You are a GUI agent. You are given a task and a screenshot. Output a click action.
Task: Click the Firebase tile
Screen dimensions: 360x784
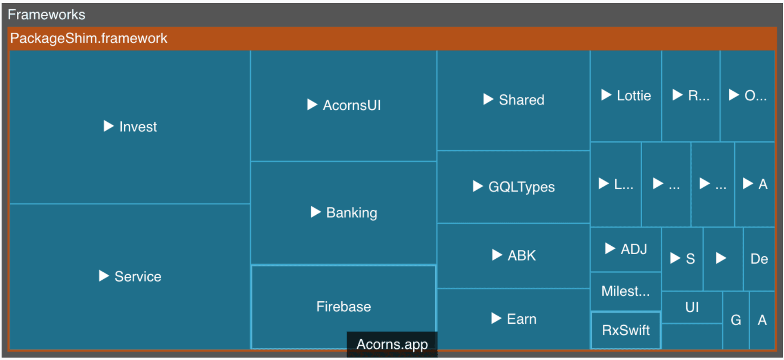343,307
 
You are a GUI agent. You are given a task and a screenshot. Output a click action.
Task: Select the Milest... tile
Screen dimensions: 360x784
625,291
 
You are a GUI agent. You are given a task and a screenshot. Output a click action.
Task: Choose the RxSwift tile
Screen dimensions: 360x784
625,330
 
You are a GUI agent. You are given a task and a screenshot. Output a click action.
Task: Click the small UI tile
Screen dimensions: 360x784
692,307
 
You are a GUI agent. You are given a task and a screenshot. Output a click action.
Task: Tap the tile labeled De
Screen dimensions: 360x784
759,259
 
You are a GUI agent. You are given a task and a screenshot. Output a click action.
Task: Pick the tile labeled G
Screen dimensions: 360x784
736,320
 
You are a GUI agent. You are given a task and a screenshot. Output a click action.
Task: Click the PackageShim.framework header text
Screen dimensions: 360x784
89,38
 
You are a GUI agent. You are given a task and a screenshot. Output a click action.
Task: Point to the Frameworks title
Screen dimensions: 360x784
47,15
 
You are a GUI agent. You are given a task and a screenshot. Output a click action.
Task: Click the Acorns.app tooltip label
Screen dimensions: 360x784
392,344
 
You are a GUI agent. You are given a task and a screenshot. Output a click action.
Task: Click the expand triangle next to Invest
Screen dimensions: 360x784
108,126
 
